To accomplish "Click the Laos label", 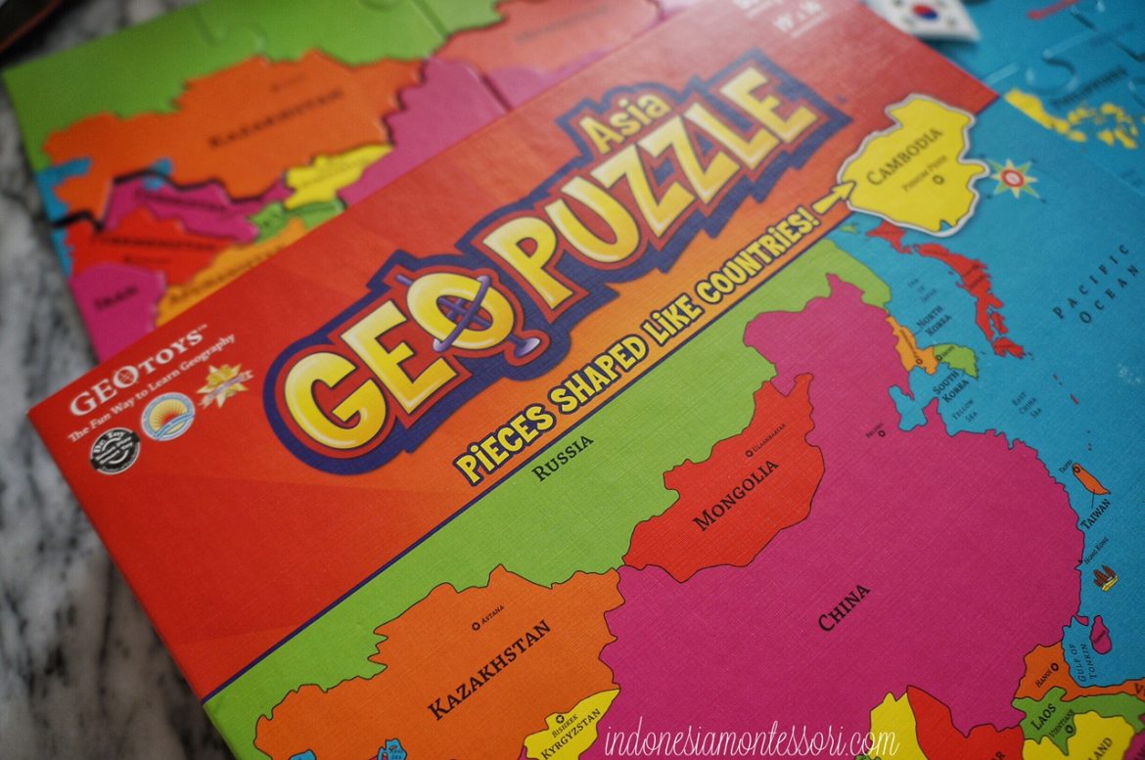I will click(x=1043, y=721).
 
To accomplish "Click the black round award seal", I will click(x=115, y=446).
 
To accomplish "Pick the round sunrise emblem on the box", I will click(x=167, y=416).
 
